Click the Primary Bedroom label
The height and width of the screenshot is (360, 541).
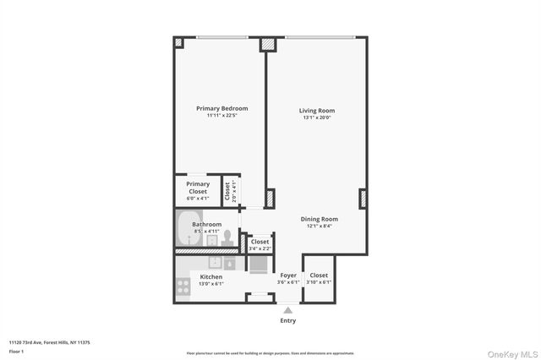[x=221, y=108]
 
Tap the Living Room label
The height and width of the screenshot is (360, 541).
[x=317, y=111]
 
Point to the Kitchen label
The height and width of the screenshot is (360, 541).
[x=210, y=277]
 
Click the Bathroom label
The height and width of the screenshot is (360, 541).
[x=206, y=224]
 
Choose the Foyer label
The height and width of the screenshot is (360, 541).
[x=287, y=275]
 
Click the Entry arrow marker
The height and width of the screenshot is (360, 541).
[x=288, y=310]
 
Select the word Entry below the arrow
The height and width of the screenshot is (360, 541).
[x=288, y=320]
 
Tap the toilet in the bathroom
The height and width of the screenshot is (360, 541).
[x=227, y=237]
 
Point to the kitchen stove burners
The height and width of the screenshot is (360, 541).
[x=183, y=286]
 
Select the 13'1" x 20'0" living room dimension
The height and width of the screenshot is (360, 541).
[x=317, y=117]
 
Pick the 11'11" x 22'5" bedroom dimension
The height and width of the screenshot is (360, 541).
[x=221, y=115]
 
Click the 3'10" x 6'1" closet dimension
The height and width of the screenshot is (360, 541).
[x=319, y=282]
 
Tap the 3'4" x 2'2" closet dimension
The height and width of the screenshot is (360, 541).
[x=260, y=248]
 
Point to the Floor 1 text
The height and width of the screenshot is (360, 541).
[x=16, y=351]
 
